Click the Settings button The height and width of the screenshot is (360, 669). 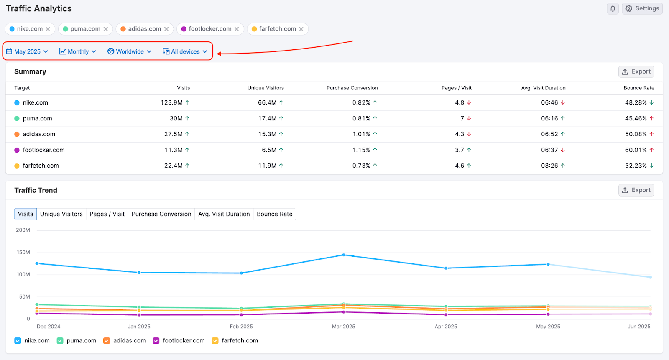click(642, 8)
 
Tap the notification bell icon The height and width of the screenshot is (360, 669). click(613, 8)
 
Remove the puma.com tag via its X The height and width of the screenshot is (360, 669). click(106, 29)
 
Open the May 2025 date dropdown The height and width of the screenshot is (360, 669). click(27, 51)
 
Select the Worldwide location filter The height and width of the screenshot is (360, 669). click(129, 51)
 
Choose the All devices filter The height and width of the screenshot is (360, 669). click(185, 51)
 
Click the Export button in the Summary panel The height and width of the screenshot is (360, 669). click(636, 71)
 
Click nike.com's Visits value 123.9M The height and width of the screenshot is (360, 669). click(171, 102)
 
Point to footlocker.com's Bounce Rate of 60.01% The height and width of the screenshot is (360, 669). click(636, 150)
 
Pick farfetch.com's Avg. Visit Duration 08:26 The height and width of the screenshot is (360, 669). click(549, 166)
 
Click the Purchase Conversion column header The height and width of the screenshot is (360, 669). click(352, 88)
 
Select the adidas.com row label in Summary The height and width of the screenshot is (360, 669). click(39, 134)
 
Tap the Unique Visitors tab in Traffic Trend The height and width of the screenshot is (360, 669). click(61, 214)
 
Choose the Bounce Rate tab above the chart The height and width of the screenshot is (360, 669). click(274, 214)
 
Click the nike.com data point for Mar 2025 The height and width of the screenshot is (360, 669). click(344, 255)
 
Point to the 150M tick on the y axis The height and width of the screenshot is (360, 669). click(23, 252)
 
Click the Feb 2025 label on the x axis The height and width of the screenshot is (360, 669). click(241, 327)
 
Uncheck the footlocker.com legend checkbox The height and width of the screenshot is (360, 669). click(156, 341)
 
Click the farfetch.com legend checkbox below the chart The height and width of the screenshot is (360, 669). click(215, 341)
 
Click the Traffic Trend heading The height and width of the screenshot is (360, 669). click(36, 190)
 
